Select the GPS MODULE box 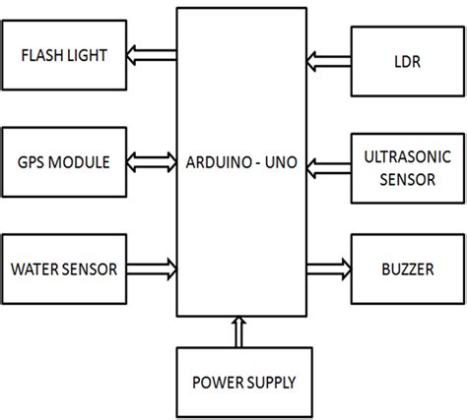pos(65,159)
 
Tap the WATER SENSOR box pos(65,267)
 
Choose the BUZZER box pos(404,267)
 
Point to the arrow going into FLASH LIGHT pos(153,55)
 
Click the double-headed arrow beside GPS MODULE pos(153,160)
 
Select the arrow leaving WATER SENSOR pos(153,267)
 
